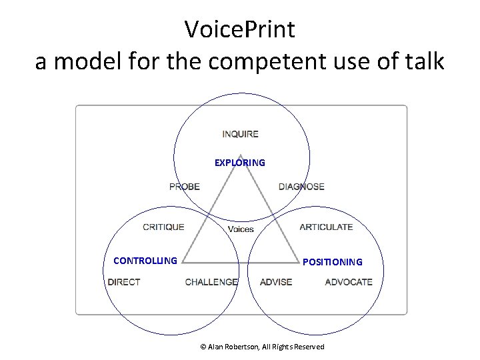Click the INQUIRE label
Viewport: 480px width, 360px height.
pos(240,134)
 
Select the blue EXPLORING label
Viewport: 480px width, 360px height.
pos(239,163)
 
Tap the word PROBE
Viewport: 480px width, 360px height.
pos(185,187)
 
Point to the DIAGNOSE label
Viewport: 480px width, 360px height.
pos(301,187)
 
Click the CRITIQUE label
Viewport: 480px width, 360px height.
pos(163,227)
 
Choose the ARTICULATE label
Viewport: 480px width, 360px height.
pos(326,227)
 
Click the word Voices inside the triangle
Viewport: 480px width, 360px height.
pos(241,229)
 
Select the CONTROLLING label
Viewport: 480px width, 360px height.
pos(145,261)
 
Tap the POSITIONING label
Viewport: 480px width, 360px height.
pos(333,262)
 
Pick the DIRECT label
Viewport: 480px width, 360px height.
pos(124,282)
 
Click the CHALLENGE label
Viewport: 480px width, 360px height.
pos(211,282)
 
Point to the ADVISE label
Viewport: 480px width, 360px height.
pos(276,282)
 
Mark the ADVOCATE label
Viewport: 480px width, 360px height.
pos(349,282)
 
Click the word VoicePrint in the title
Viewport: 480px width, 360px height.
pos(240,29)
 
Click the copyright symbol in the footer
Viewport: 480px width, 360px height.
pos(203,347)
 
